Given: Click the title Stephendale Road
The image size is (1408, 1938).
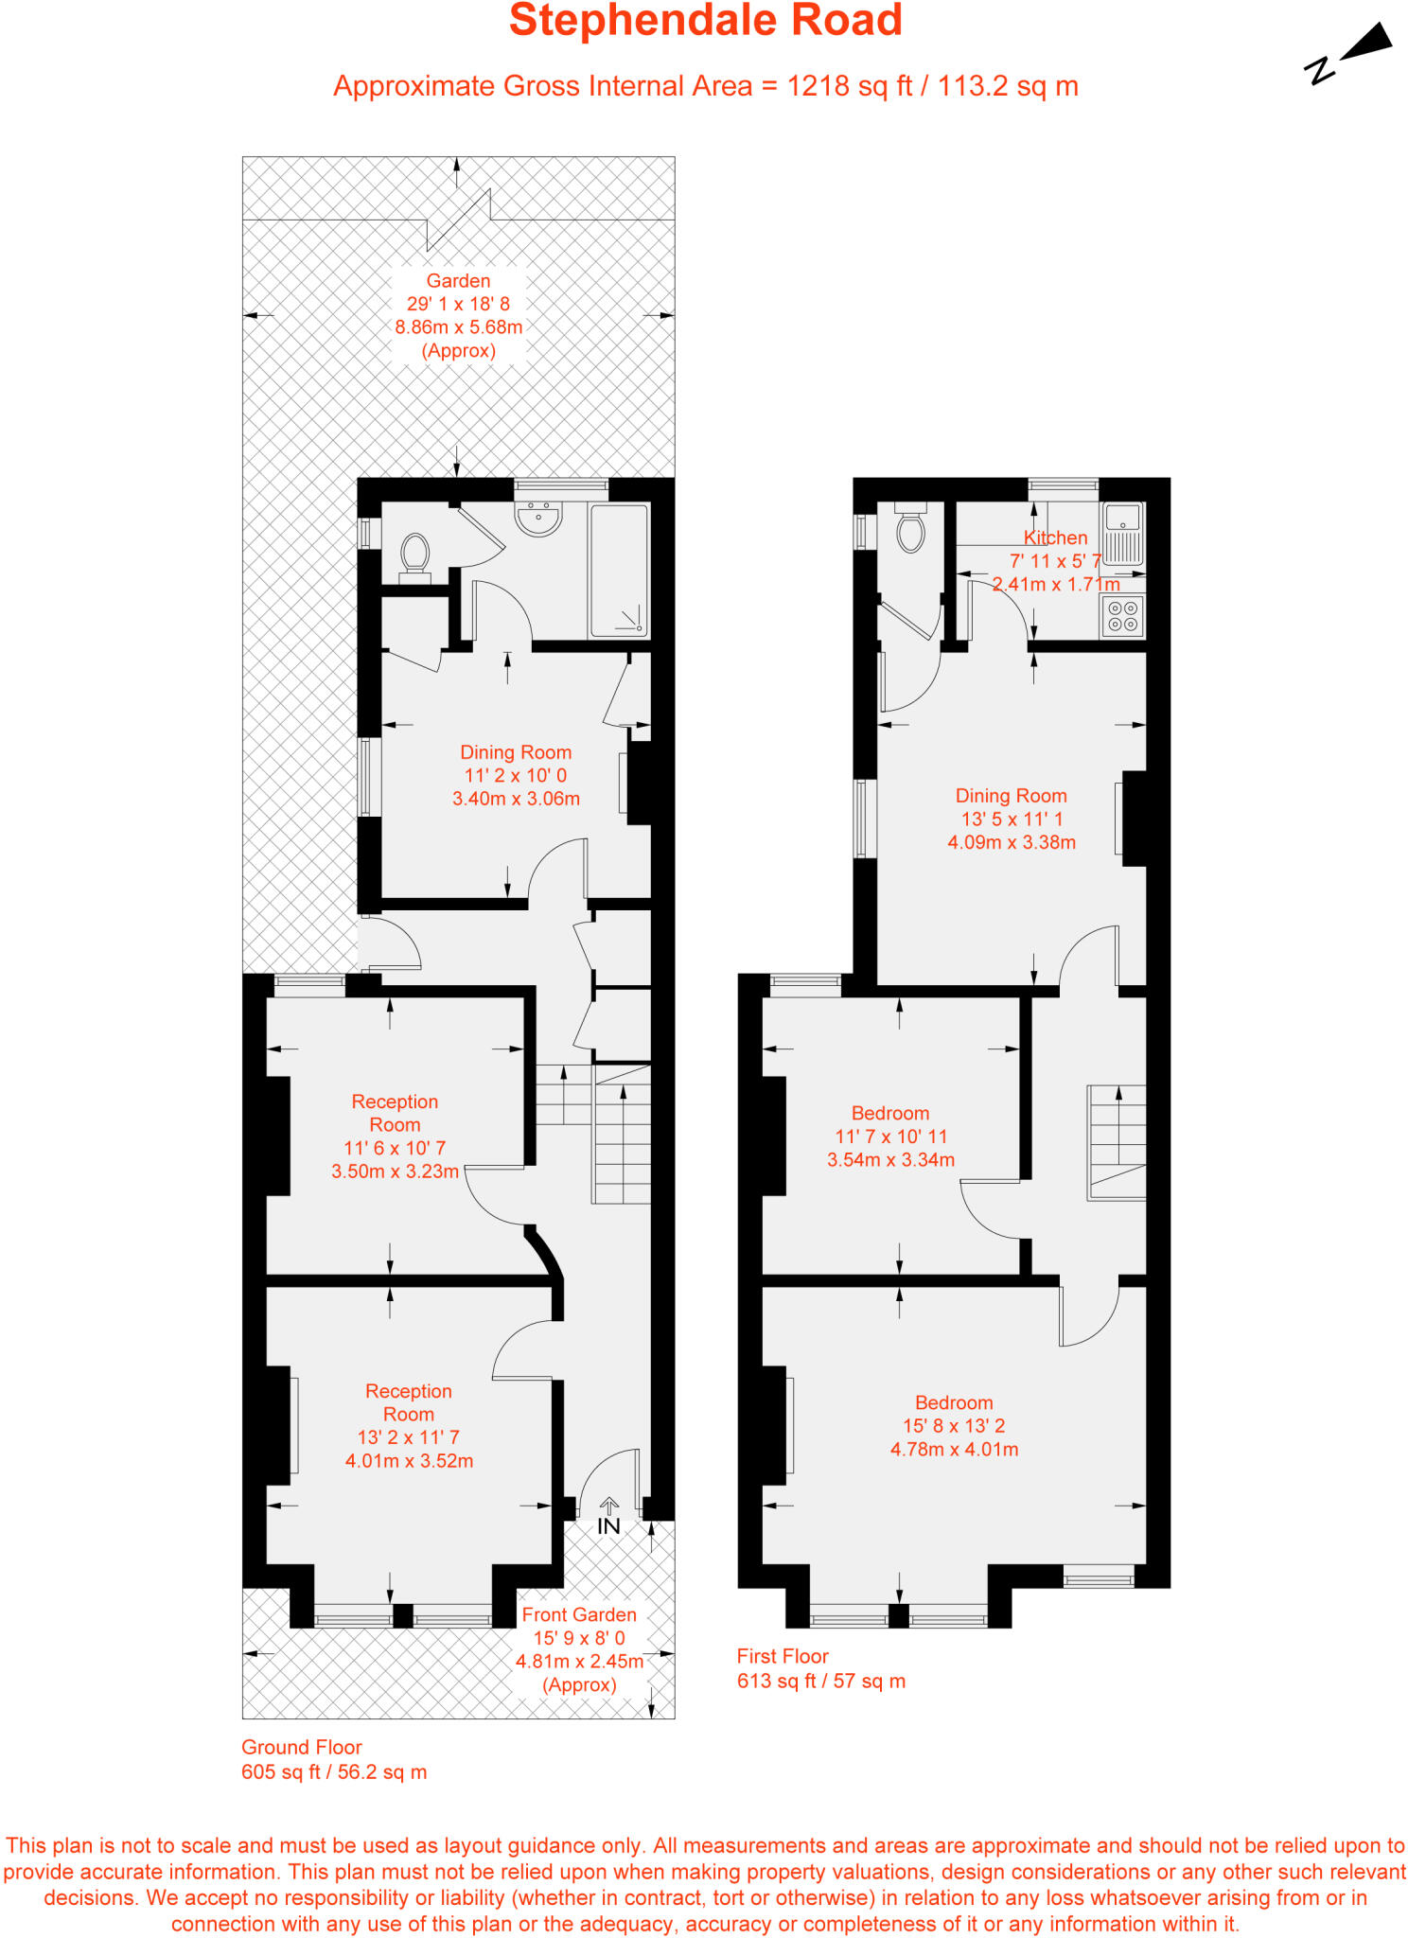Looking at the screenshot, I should click(x=705, y=21).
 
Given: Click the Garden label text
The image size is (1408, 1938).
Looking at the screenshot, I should click(x=458, y=281).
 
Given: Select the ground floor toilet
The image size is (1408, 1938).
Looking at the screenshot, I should click(x=414, y=556).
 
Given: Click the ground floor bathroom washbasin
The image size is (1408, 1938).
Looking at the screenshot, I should click(x=538, y=519).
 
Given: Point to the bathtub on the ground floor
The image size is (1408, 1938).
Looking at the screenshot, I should click(x=619, y=570).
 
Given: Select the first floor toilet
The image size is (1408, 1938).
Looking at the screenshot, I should click(x=910, y=533).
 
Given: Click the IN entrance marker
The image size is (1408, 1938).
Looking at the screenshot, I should click(x=608, y=1526).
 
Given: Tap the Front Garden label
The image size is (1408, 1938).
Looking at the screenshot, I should click(x=579, y=1614).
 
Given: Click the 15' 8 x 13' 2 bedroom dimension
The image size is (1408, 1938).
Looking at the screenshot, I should click(x=954, y=1426).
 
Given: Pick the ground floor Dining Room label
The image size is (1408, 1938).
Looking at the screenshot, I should click(x=516, y=752).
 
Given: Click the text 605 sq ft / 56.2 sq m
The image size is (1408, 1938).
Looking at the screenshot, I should click(x=334, y=1771).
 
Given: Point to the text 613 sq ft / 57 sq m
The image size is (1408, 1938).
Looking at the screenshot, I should click(x=820, y=1681).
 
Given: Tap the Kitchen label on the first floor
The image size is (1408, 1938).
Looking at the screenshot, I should click(x=1055, y=537).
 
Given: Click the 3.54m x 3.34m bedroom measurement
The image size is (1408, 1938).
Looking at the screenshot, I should click(x=890, y=1159).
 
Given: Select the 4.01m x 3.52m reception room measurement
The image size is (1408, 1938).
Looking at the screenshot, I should click(x=409, y=1460).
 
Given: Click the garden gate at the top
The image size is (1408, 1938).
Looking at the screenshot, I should click(x=459, y=220).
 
